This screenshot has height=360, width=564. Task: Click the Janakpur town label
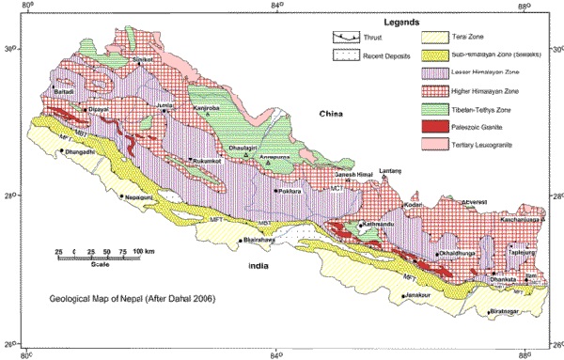click(x=421, y=297)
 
